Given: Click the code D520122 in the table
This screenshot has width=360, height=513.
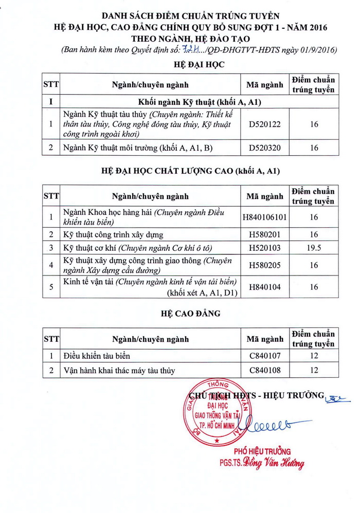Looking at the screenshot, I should click(x=265, y=124).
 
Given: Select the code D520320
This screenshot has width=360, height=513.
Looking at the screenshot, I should click(x=265, y=148).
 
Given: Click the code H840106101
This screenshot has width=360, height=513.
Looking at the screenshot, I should click(x=265, y=217).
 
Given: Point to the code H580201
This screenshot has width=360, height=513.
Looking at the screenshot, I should click(x=265, y=235).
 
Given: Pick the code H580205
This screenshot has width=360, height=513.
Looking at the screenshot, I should click(x=265, y=266).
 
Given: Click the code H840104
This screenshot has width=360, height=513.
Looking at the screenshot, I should click(x=265, y=287).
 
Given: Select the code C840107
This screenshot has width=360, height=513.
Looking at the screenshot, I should click(x=265, y=356).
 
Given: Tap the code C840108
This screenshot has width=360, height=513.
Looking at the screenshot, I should click(x=265, y=370).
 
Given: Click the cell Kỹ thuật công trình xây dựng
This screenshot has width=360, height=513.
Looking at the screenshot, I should click(x=113, y=235).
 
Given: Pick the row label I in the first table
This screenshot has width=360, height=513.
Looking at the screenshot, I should click(x=51, y=102).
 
